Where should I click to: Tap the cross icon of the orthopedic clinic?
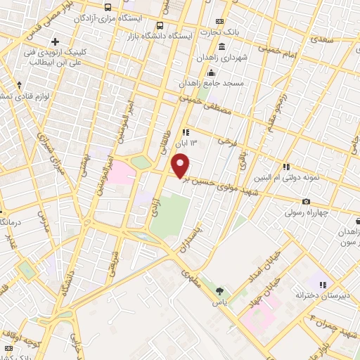click(x=55, y=42)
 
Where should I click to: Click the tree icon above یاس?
click(x=220, y=290)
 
